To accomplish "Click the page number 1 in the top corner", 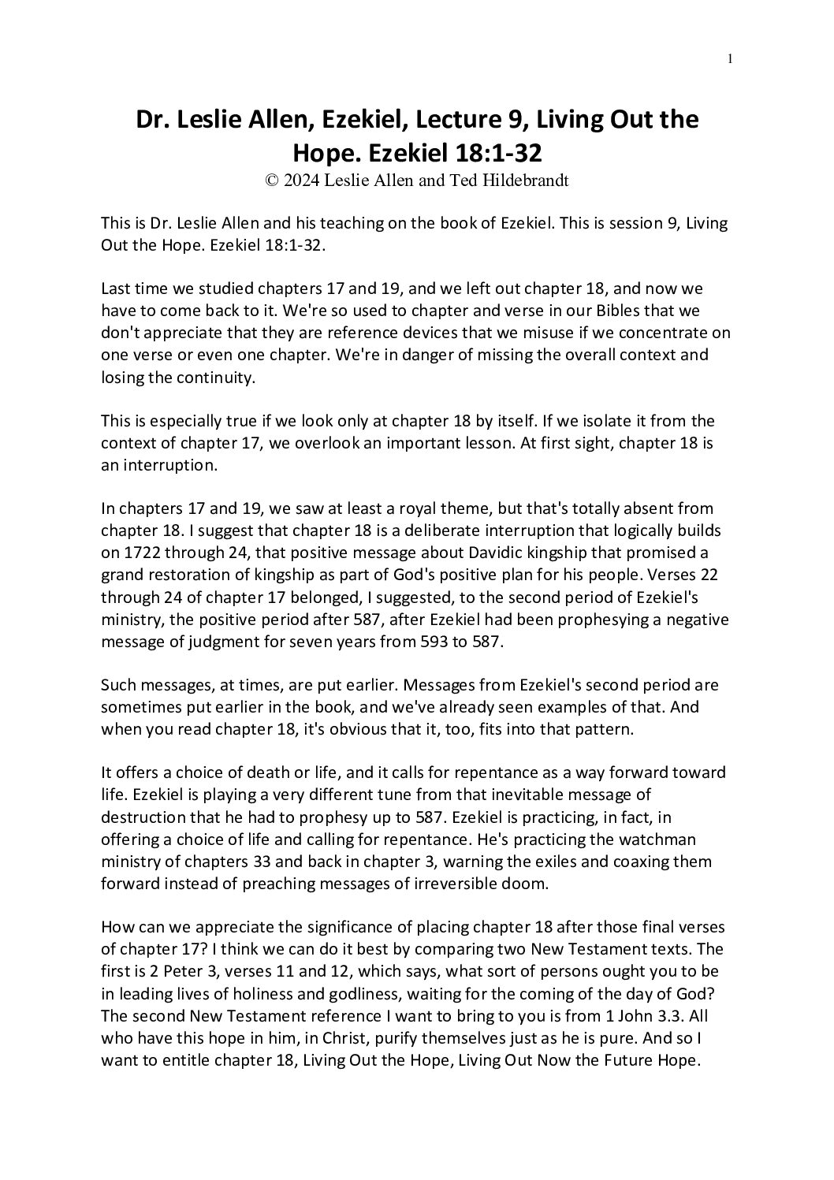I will [731, 58].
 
